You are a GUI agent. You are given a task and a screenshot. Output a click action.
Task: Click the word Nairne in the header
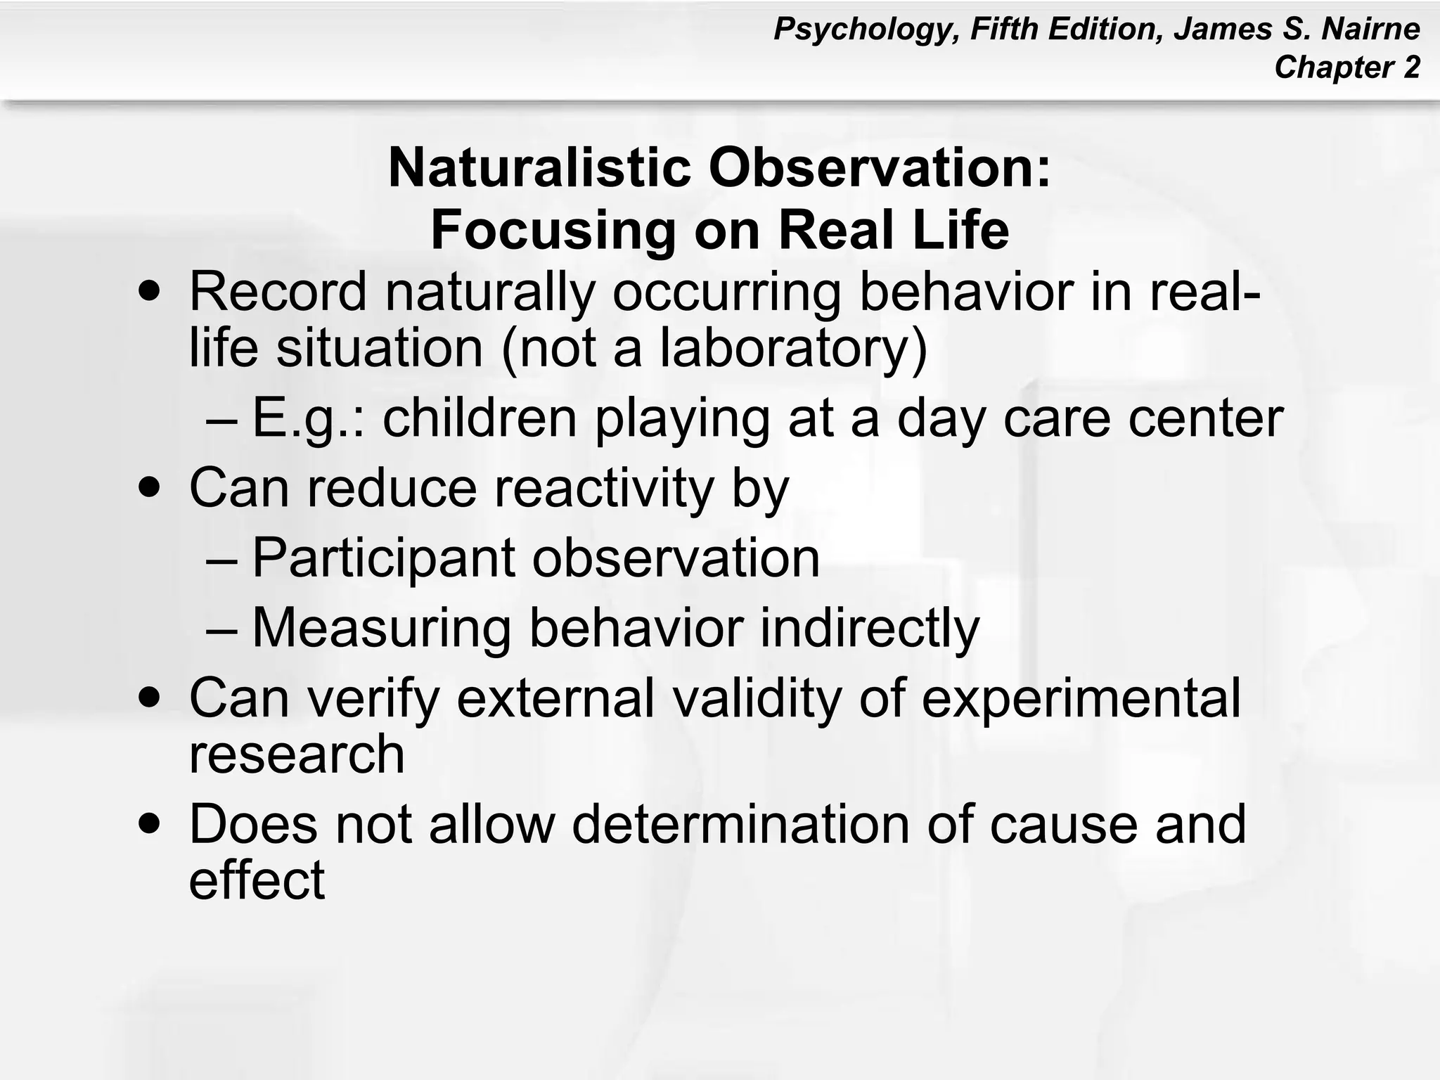click(x=1371, y=30)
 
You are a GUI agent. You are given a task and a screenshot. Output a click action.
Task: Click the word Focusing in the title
click(x=552, y=231)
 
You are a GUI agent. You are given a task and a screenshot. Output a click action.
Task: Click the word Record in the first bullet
click(x=278, y=292)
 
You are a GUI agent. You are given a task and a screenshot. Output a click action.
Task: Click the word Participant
click(x=383, y=558)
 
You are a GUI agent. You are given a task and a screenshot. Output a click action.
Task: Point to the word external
click(x=555, y=698)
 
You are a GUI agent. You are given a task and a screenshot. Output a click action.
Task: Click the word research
click(x=297, y=754)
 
